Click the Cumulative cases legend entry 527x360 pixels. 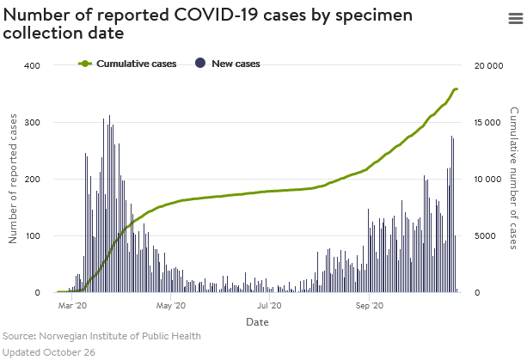point(136,64)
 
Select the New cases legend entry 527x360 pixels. point(235,64)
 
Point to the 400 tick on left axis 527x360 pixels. point(32,66)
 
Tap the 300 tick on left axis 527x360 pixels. point(32,123)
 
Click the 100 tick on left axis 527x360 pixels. point(32,236)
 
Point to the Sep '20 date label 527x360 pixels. point(368,305)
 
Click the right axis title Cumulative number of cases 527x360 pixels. point(513,179)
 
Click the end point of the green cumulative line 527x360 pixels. point(457,89)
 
